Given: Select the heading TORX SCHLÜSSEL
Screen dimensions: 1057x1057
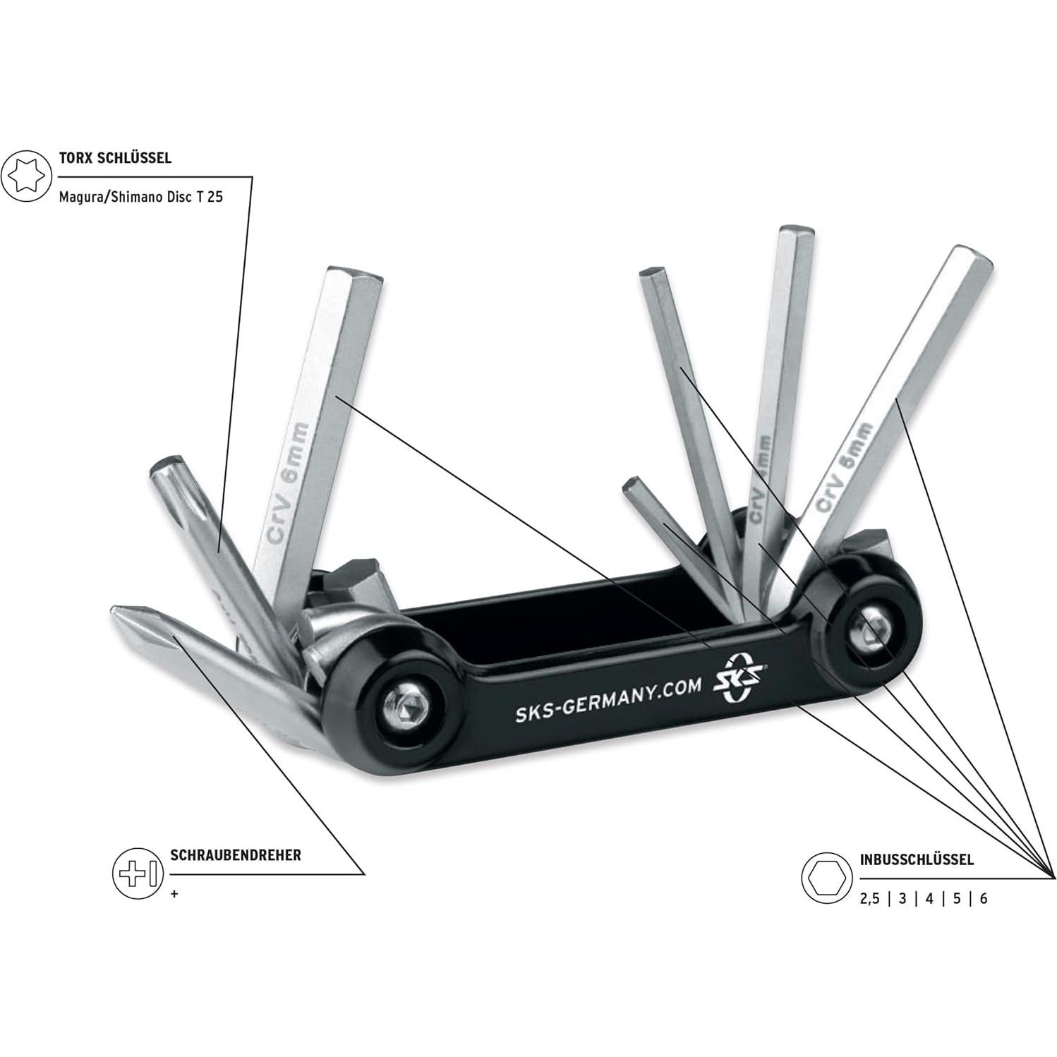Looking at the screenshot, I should [115, 158].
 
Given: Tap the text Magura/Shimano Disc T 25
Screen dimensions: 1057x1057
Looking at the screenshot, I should [140, 197].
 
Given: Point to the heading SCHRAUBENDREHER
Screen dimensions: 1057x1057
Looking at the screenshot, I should [236, 855].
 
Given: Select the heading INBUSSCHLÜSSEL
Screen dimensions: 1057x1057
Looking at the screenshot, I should [917, 859].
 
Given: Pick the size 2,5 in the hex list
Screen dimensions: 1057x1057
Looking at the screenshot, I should [870, 899].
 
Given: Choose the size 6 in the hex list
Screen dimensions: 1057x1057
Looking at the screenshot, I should [983, 899].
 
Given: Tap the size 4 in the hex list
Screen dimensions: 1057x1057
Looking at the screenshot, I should [929, 899].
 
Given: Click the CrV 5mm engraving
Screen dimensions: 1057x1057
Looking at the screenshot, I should [845, 467].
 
